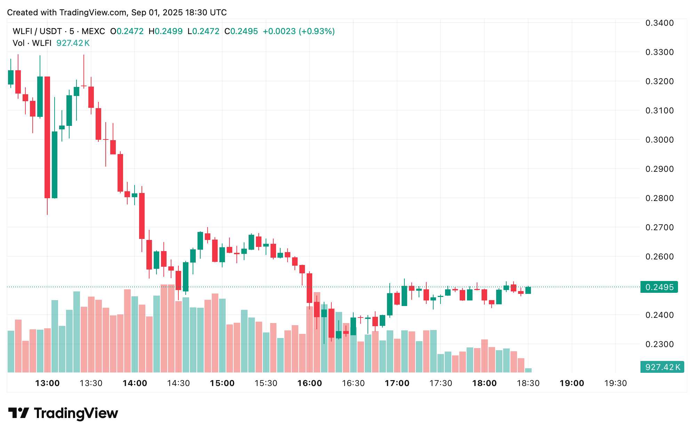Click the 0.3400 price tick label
[659, 23]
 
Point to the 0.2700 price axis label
[659, 227]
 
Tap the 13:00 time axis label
[47, 383]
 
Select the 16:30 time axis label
[353, 383]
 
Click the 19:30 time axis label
[615, 383]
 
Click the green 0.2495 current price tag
[659, 287]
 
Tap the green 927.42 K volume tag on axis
[662, 367]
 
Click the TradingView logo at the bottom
[63, 413]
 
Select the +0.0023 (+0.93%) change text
[299, 31]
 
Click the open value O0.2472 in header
[127, 31]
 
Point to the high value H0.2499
[166, 31]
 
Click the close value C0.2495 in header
[241, 31]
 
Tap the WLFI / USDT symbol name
[37, 31]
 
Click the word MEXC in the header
[93, 31]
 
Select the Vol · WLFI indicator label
[32, 43]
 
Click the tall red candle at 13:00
[47, 137]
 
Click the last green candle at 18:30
[528, 290]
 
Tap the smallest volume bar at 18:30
[528, 370]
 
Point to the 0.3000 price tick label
[659, 140]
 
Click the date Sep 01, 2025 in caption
[157, 13]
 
